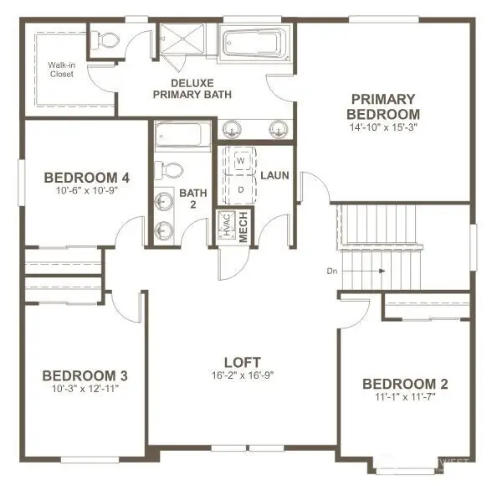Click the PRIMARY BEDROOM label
tap(384, 106)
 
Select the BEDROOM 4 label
tap(86, 178)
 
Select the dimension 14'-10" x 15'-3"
tap(384, 128)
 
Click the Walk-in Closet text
tap(60, 70)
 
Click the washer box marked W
tap(240, 159)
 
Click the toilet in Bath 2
tap(172, 168)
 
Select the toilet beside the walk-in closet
tap(105, 39)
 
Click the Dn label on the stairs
tap(333, 271)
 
